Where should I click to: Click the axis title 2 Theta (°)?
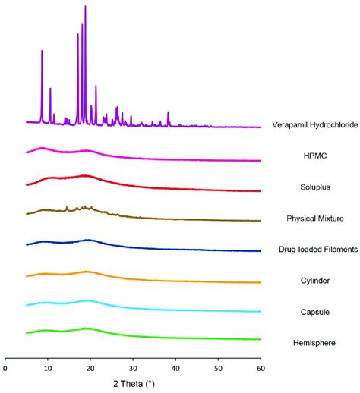coord(133,385)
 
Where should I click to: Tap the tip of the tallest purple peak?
coord(85,6)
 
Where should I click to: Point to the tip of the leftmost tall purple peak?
coord(42,51)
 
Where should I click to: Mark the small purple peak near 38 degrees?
coord(168,113)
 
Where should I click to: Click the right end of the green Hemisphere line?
coord(261,339)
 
